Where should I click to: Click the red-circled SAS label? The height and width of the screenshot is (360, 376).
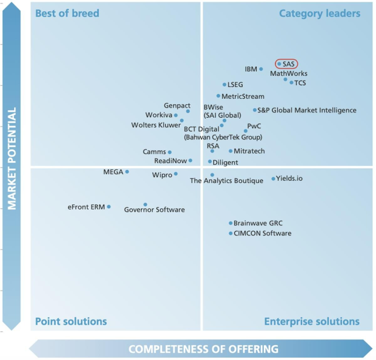(x=287, y=64)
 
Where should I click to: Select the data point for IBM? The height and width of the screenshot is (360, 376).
(x=261, y=69)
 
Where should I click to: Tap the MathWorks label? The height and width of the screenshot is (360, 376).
(x=288, y=74)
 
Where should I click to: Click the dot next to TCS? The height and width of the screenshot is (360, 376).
(x=291, y=82)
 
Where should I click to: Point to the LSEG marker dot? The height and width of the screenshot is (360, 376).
(x=224, y=85)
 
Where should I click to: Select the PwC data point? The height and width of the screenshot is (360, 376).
(x=246, y=131)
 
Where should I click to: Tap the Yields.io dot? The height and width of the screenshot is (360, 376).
(x=273, y=179)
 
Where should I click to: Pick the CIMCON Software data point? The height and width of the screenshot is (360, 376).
(x=230, y=234)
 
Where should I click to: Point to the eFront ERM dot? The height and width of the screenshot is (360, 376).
(x=109, y=206)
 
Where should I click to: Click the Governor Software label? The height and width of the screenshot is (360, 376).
(x=155, y=210)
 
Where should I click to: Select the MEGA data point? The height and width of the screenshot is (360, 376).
(x=127, y=172)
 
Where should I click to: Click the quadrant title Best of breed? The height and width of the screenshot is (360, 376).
(x=67, y=13)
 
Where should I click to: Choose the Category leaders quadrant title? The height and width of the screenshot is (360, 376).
(x=319, y=13)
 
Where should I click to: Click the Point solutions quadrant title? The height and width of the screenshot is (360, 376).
(x=71, y=321)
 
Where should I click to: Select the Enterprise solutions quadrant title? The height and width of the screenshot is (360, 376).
(x=311, y=321)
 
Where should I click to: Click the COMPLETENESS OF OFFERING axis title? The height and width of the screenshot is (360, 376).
(x=203, y=349)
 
